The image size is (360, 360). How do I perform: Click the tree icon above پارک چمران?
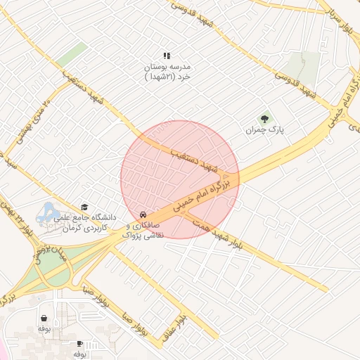pos(264,119)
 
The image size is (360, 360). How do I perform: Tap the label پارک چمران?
pos(264,131)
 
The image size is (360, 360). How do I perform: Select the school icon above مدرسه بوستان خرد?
pos(167,56)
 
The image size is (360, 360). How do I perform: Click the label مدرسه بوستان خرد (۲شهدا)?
pos(167,71)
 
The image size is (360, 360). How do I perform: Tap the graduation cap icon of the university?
pos(85,207)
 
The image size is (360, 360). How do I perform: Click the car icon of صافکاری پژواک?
pos(143,214)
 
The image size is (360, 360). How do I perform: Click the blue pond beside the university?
pos(48,210)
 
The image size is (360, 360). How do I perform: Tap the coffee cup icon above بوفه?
pos(79,343)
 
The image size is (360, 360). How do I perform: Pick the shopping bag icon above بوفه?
pos(44,318)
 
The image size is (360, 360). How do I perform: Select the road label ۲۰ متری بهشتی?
pos(33,119)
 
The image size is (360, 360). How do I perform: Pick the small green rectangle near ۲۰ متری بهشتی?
pos(73,54)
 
